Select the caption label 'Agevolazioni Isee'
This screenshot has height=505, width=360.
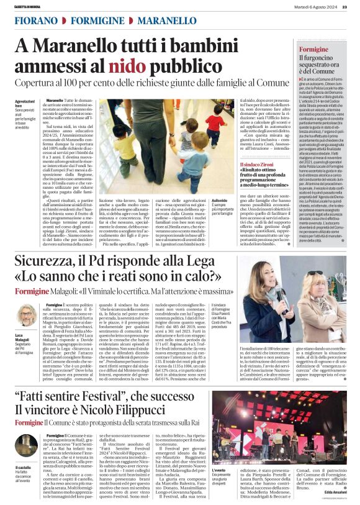coord(24,103)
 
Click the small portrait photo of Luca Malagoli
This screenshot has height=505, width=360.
coord(25,314)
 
